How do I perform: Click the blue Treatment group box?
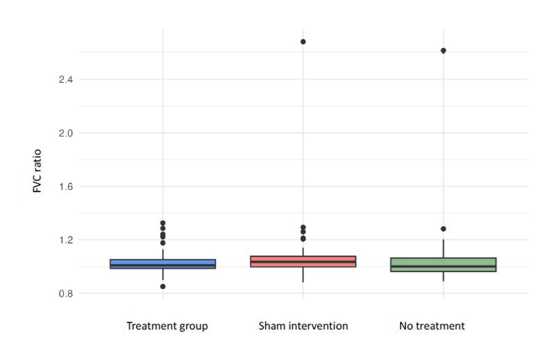pyautogui.click(x=163, y=264)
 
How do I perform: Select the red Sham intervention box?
pyautogui.click(x=303, y=261)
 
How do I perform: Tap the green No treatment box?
pyautogui.click(x=443, y=265)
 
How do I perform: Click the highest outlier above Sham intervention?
pyautogui.click(x=303, y=42)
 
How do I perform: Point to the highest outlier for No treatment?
pyautogui.click(x=443, y=51)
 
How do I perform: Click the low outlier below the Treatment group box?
pyautogui.click(x=163, y=286)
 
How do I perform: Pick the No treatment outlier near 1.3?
pyautogui.click(x=443, y=229)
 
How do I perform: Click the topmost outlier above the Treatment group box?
pyautogui.click(x=163, y=223)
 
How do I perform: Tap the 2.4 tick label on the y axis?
pyautogui.click(x=65, y=80)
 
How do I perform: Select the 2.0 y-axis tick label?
pyautogui.click(x=65, y=133)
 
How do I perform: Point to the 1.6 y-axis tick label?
pyautogui.click(x=65, y=187)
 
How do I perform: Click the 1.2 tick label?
pyautogui.click(x=65, y=240)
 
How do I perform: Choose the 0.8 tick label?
pyautogui.click(x=65, y=294)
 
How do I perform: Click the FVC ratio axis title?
pyautogui.click(x=37, y=171)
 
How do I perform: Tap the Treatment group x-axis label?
pyautogui.click(x=167, y=326)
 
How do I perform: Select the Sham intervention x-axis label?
pyautogui.click(x=303, y=326)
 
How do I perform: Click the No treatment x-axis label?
pyautogui.click(x=432, y=326)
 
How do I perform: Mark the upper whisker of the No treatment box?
pyautogui.click(x=443, y=249)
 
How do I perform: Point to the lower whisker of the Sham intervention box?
pyautogui.click(x=303, y=274)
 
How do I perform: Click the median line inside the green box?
pyautogui.click(x=443, y=266)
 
